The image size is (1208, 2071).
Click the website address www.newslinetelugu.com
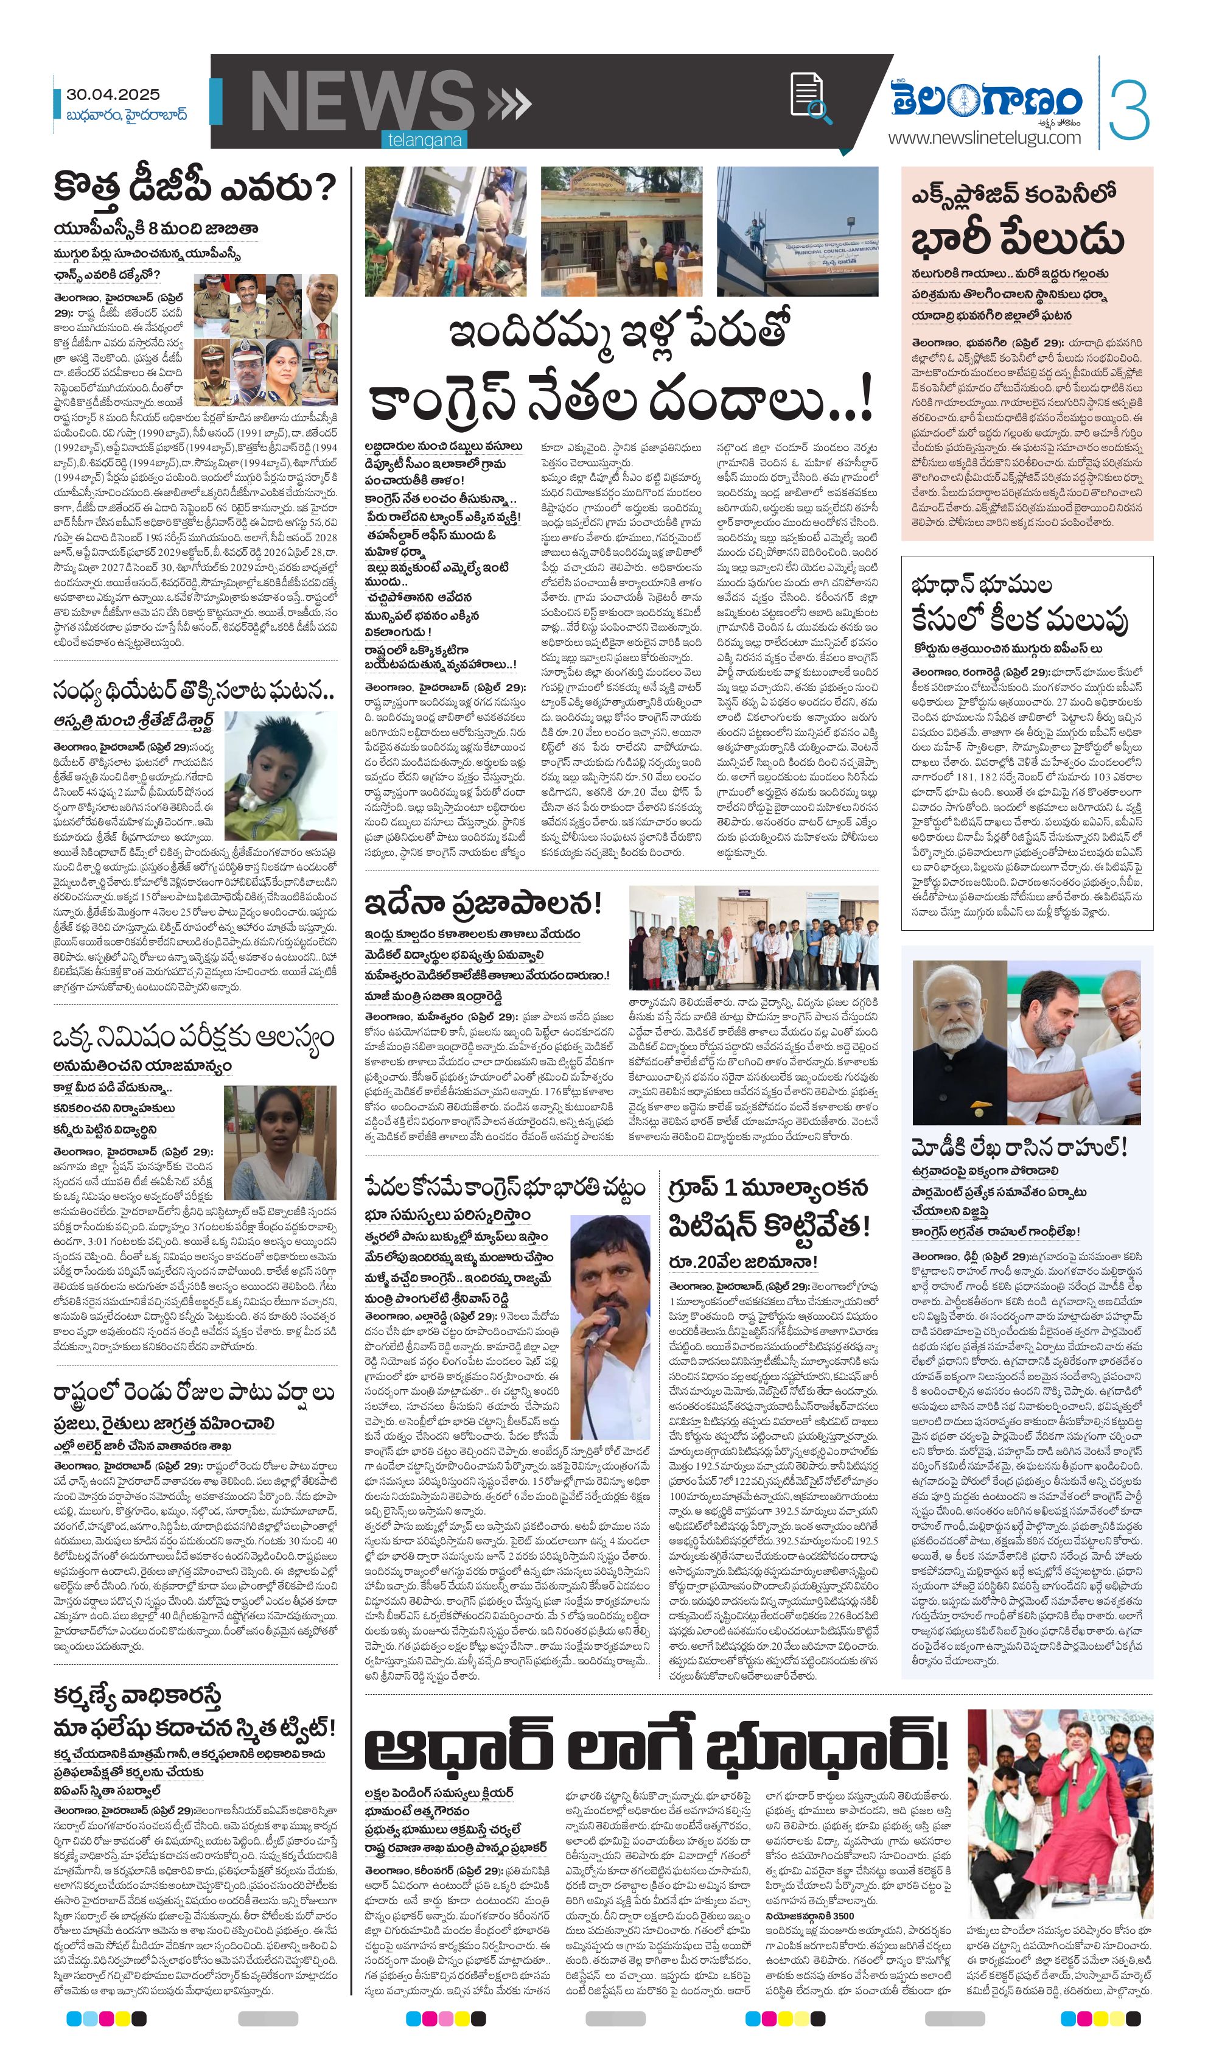(983, 138)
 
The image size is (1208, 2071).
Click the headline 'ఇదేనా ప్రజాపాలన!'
(483, 904)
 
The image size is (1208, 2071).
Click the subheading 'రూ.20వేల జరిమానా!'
(742, 1261)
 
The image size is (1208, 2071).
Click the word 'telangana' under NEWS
(425, 141)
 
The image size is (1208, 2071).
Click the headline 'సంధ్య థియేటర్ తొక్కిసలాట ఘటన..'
(194, 691)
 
